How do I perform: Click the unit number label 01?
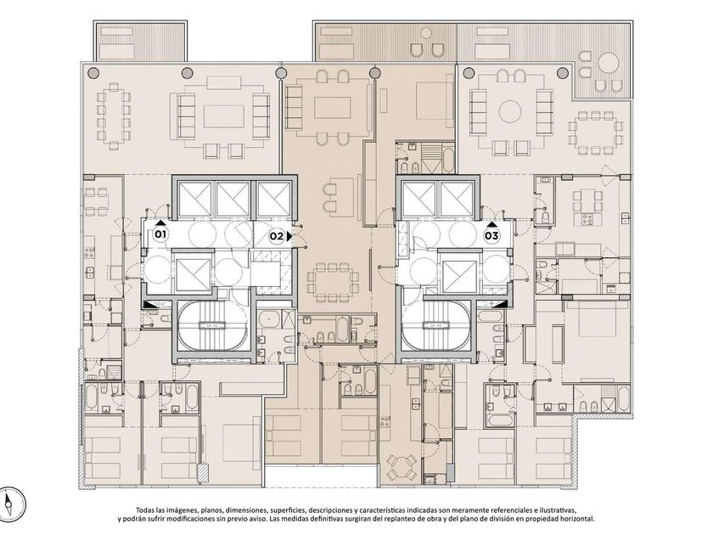[x=160, y=234]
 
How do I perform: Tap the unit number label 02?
[x=276, y=236]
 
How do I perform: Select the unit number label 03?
[x=491, y=236]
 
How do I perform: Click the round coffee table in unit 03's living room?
[x=510, y=111]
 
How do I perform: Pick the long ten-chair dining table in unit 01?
[x=113, y=115]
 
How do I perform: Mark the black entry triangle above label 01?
[x=160, y=223]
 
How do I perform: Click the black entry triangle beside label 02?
[x=289, y=237]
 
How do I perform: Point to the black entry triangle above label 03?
[x=491, y=224]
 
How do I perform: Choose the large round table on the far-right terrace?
[x=608, y=63]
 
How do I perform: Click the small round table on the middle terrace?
[x=426, y=33]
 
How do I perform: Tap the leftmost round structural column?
[x=93, y=72]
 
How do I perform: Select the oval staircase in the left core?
[x=211, y=326]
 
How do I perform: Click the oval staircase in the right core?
[x=435, y=326]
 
